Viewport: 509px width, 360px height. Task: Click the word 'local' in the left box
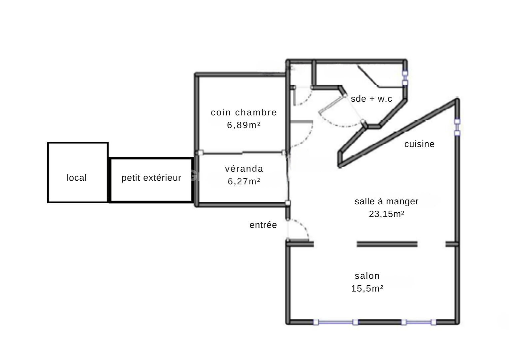click(77, 178)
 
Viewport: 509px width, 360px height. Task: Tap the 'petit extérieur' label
click(151, 178)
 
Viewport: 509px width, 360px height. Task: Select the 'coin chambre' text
click(244, 112)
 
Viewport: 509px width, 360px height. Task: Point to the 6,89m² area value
click(244, 125)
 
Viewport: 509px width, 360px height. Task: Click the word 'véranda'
click(244, 169)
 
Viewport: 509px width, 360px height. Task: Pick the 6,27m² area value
click(244, 181)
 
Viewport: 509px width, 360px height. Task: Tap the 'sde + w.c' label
click(371, 99)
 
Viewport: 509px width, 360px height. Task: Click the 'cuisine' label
click(419, 144)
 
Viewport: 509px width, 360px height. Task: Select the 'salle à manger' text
click(386, 201)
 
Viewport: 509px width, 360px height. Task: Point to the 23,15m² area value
click(386, 214)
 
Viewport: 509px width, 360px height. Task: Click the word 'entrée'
click(263, 225)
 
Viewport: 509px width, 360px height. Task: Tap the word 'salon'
click(367, 276)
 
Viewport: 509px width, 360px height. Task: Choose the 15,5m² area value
click(367, 288)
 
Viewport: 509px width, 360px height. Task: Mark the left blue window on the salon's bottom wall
click(336, 322)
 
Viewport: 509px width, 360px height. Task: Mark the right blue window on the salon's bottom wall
click(419, 322)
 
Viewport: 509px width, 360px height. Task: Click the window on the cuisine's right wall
click(457, 127)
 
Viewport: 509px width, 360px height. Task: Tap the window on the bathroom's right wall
click(405, 78)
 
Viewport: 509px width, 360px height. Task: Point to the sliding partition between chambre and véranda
click(242, 153)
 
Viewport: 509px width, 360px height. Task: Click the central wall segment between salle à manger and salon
click(387, 244)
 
